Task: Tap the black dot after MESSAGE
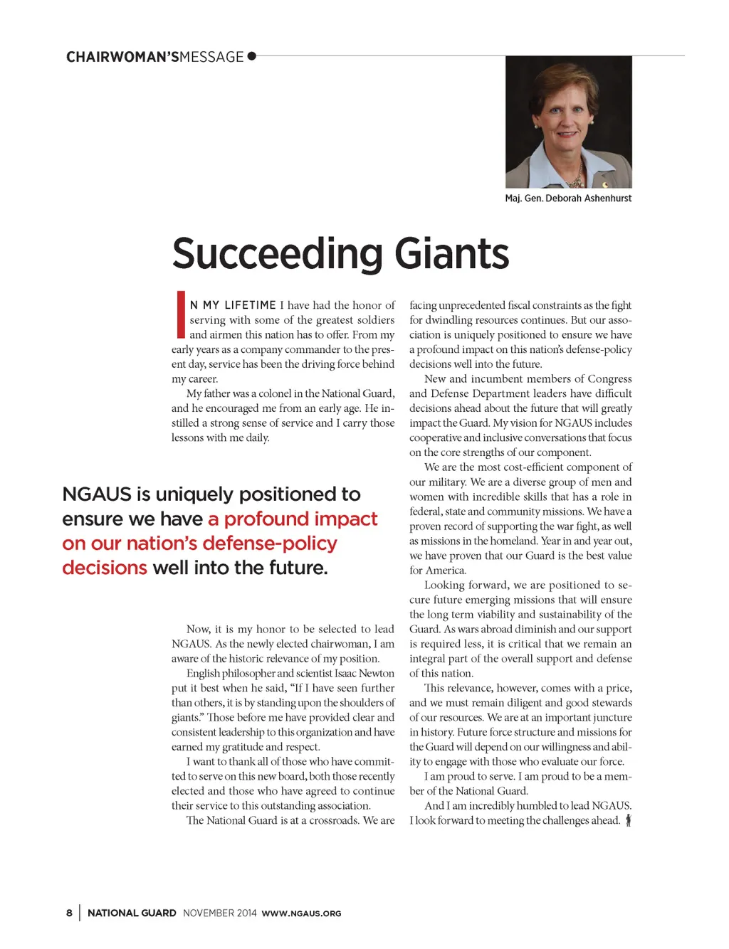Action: point(251,56)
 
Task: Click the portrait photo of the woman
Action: point(568,122)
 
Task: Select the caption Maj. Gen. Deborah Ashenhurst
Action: point(568,198)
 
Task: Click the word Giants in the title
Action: point(451,254)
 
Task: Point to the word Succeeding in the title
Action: point(278,254)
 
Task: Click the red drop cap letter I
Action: point(181,314)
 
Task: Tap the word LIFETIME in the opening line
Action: point(250,305)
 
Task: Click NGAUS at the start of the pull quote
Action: point(97,494)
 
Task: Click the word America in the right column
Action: point(446,570)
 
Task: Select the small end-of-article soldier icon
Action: point(628,820)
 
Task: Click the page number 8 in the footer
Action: point(69,913)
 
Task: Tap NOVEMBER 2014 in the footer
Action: point(219,913)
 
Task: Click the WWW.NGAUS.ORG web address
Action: point(301,913)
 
